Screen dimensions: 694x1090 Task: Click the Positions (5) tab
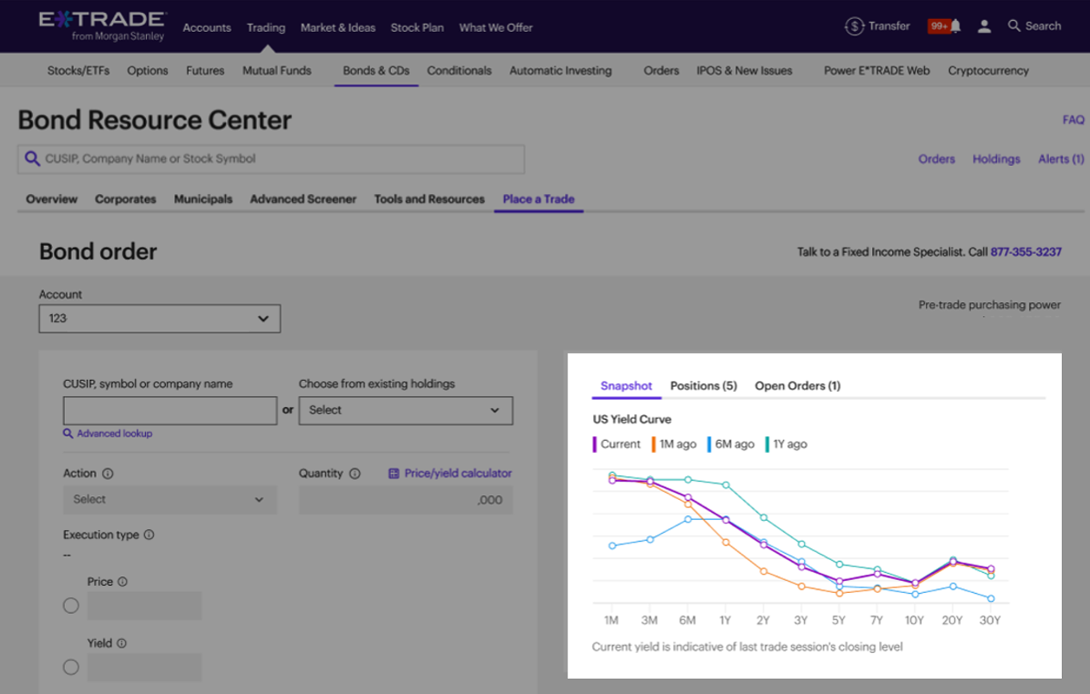[703, 385]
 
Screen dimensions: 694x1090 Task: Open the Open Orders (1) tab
[797, 385]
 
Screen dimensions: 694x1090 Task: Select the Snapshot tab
[626, 385]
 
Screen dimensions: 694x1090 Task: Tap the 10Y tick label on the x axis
[914, 620]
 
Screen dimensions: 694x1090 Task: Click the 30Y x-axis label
[991, 620]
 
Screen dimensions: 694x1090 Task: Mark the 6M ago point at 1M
[612, 546]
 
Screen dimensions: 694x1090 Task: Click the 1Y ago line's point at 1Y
[726, 485]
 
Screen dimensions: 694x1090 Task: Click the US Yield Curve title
[632, 419]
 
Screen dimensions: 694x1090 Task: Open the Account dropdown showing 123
[159, 318]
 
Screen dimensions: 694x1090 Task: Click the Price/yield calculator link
[450, 474]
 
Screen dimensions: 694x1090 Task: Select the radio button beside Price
[71, 606]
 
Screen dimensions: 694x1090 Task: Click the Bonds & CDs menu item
[376, 71]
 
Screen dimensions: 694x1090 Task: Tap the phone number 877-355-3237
[1026, 252]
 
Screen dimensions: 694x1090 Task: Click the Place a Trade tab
[539, 199]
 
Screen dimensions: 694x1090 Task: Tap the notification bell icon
[955, 26]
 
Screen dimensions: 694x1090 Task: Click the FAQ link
[1073, 119]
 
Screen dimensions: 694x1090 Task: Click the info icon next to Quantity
[355, 474]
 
